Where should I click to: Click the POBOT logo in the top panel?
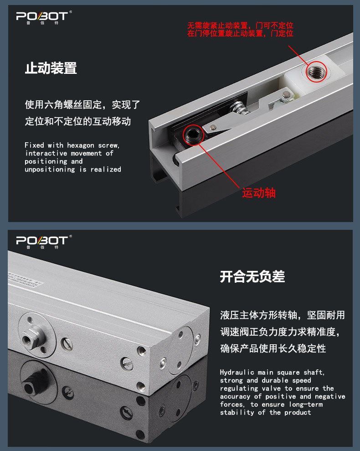(x=42, y=17)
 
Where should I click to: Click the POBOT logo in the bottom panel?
(x=42, y=241)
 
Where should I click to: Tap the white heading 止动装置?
(x=51, y=68)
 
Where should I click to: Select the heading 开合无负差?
(x=252, y=276)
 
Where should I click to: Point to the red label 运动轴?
(x=258, y=193)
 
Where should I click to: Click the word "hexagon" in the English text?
(x=82, y=145)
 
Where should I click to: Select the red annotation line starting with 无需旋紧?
(x=240, y=25)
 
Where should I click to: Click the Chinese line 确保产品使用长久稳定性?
(x=273, y=348)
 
